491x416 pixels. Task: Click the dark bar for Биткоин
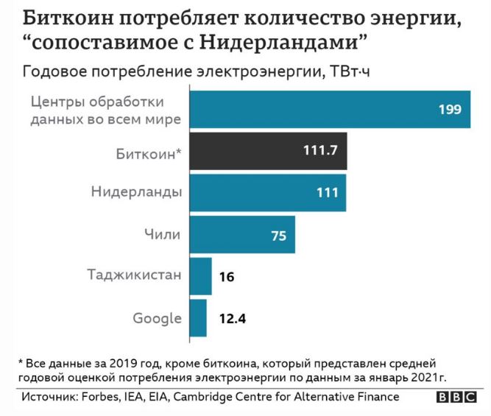269,151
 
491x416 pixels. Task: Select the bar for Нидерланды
268,193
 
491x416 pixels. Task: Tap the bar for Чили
243,235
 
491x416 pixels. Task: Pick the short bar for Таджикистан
201,276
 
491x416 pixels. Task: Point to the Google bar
199,318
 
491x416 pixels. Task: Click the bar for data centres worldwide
331,109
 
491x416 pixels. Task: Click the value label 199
449,110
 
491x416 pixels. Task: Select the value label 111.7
319,151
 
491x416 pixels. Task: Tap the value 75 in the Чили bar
278,235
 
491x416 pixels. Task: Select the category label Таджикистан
133,277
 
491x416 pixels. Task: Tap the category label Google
157,319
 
